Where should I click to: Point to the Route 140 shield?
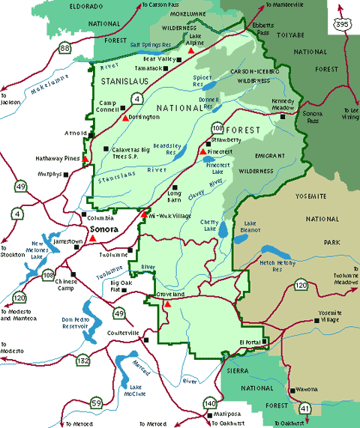209,405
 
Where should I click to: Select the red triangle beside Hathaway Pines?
86,159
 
